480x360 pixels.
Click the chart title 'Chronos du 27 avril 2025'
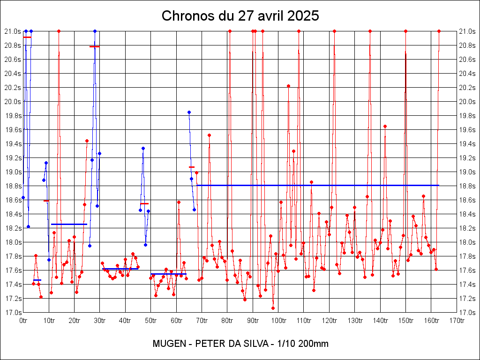point(240,16)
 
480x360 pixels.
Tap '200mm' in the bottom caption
point(314,344)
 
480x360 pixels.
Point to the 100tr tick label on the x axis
point(278,321)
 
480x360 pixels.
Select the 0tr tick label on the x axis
point(23,321)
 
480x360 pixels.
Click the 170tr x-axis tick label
point(457,321)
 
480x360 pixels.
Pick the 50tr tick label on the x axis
point(151,321)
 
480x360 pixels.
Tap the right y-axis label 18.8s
point(467,186)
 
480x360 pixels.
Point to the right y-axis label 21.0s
point(467,31)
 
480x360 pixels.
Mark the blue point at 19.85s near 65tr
point(189,112)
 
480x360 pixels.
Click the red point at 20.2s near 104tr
point(288,86)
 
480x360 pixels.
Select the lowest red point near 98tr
point(273,308)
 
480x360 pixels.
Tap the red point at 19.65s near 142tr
point(385,126)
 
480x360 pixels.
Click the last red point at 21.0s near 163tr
point(439,31)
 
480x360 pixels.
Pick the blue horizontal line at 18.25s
point(69,224)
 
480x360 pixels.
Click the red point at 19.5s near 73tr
point(209,135)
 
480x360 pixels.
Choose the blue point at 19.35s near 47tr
point(143,148)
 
